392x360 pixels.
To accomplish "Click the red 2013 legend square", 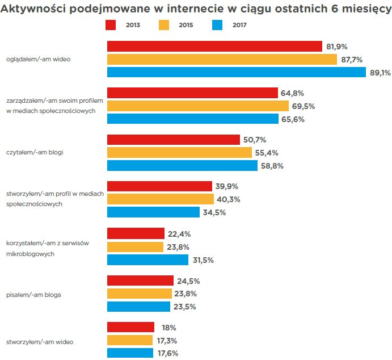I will [112, 25].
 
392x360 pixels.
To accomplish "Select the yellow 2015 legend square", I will [163, 25].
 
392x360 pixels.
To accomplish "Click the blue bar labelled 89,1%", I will [237, 72].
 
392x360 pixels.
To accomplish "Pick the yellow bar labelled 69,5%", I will [197, 106].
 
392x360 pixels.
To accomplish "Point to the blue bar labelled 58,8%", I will [182, 165].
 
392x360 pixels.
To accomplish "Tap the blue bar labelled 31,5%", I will [147, 259].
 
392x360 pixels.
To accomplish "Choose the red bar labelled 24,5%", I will [140, 281].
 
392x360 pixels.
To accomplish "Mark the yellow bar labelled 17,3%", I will [130, 340].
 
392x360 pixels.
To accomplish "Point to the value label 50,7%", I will [255, 140].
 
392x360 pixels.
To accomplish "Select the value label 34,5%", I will [214, 212].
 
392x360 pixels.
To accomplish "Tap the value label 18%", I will [168, 328].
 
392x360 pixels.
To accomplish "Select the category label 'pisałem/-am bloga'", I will [33, 295].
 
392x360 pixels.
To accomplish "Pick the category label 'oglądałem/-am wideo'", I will [38, 59].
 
